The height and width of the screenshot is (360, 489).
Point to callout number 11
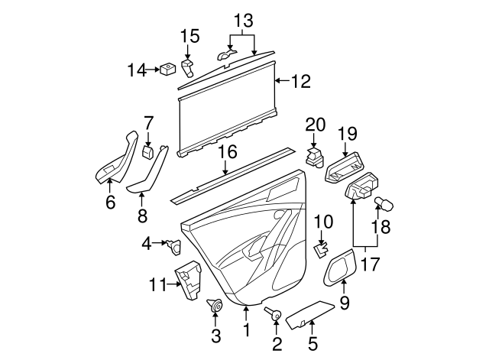157,285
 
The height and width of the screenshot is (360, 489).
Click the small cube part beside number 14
165,70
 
